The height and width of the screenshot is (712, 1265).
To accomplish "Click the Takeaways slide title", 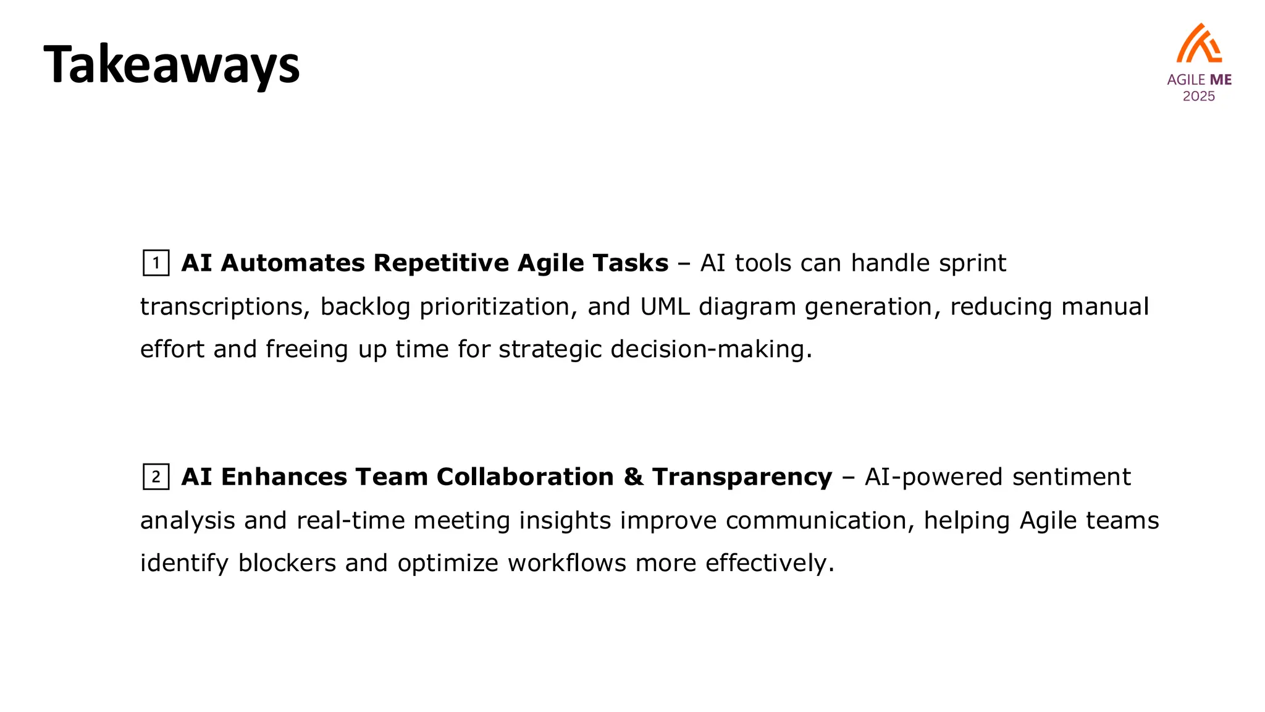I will point(171,65).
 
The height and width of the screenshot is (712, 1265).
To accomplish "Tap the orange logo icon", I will point(1198,44).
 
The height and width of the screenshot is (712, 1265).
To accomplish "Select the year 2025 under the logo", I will point(1198,96).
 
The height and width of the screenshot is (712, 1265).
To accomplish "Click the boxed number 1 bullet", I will point(156,263).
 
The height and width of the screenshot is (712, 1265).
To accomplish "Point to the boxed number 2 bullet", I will point(156,477).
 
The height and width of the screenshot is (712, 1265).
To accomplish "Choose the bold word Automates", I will point(293,263).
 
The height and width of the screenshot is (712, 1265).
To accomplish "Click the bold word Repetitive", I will point(441,263).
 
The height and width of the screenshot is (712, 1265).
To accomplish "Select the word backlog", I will point(365,307).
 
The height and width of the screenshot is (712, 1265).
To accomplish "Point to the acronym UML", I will point(665,307).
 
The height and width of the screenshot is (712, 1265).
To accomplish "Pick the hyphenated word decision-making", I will point(711,350).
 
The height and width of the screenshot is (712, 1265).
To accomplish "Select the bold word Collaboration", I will point(525,477).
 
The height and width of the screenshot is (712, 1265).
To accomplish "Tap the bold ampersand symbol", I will point(633,477).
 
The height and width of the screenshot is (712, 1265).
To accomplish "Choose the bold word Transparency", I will point(742,477).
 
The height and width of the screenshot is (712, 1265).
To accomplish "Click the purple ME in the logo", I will point(1221,80).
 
